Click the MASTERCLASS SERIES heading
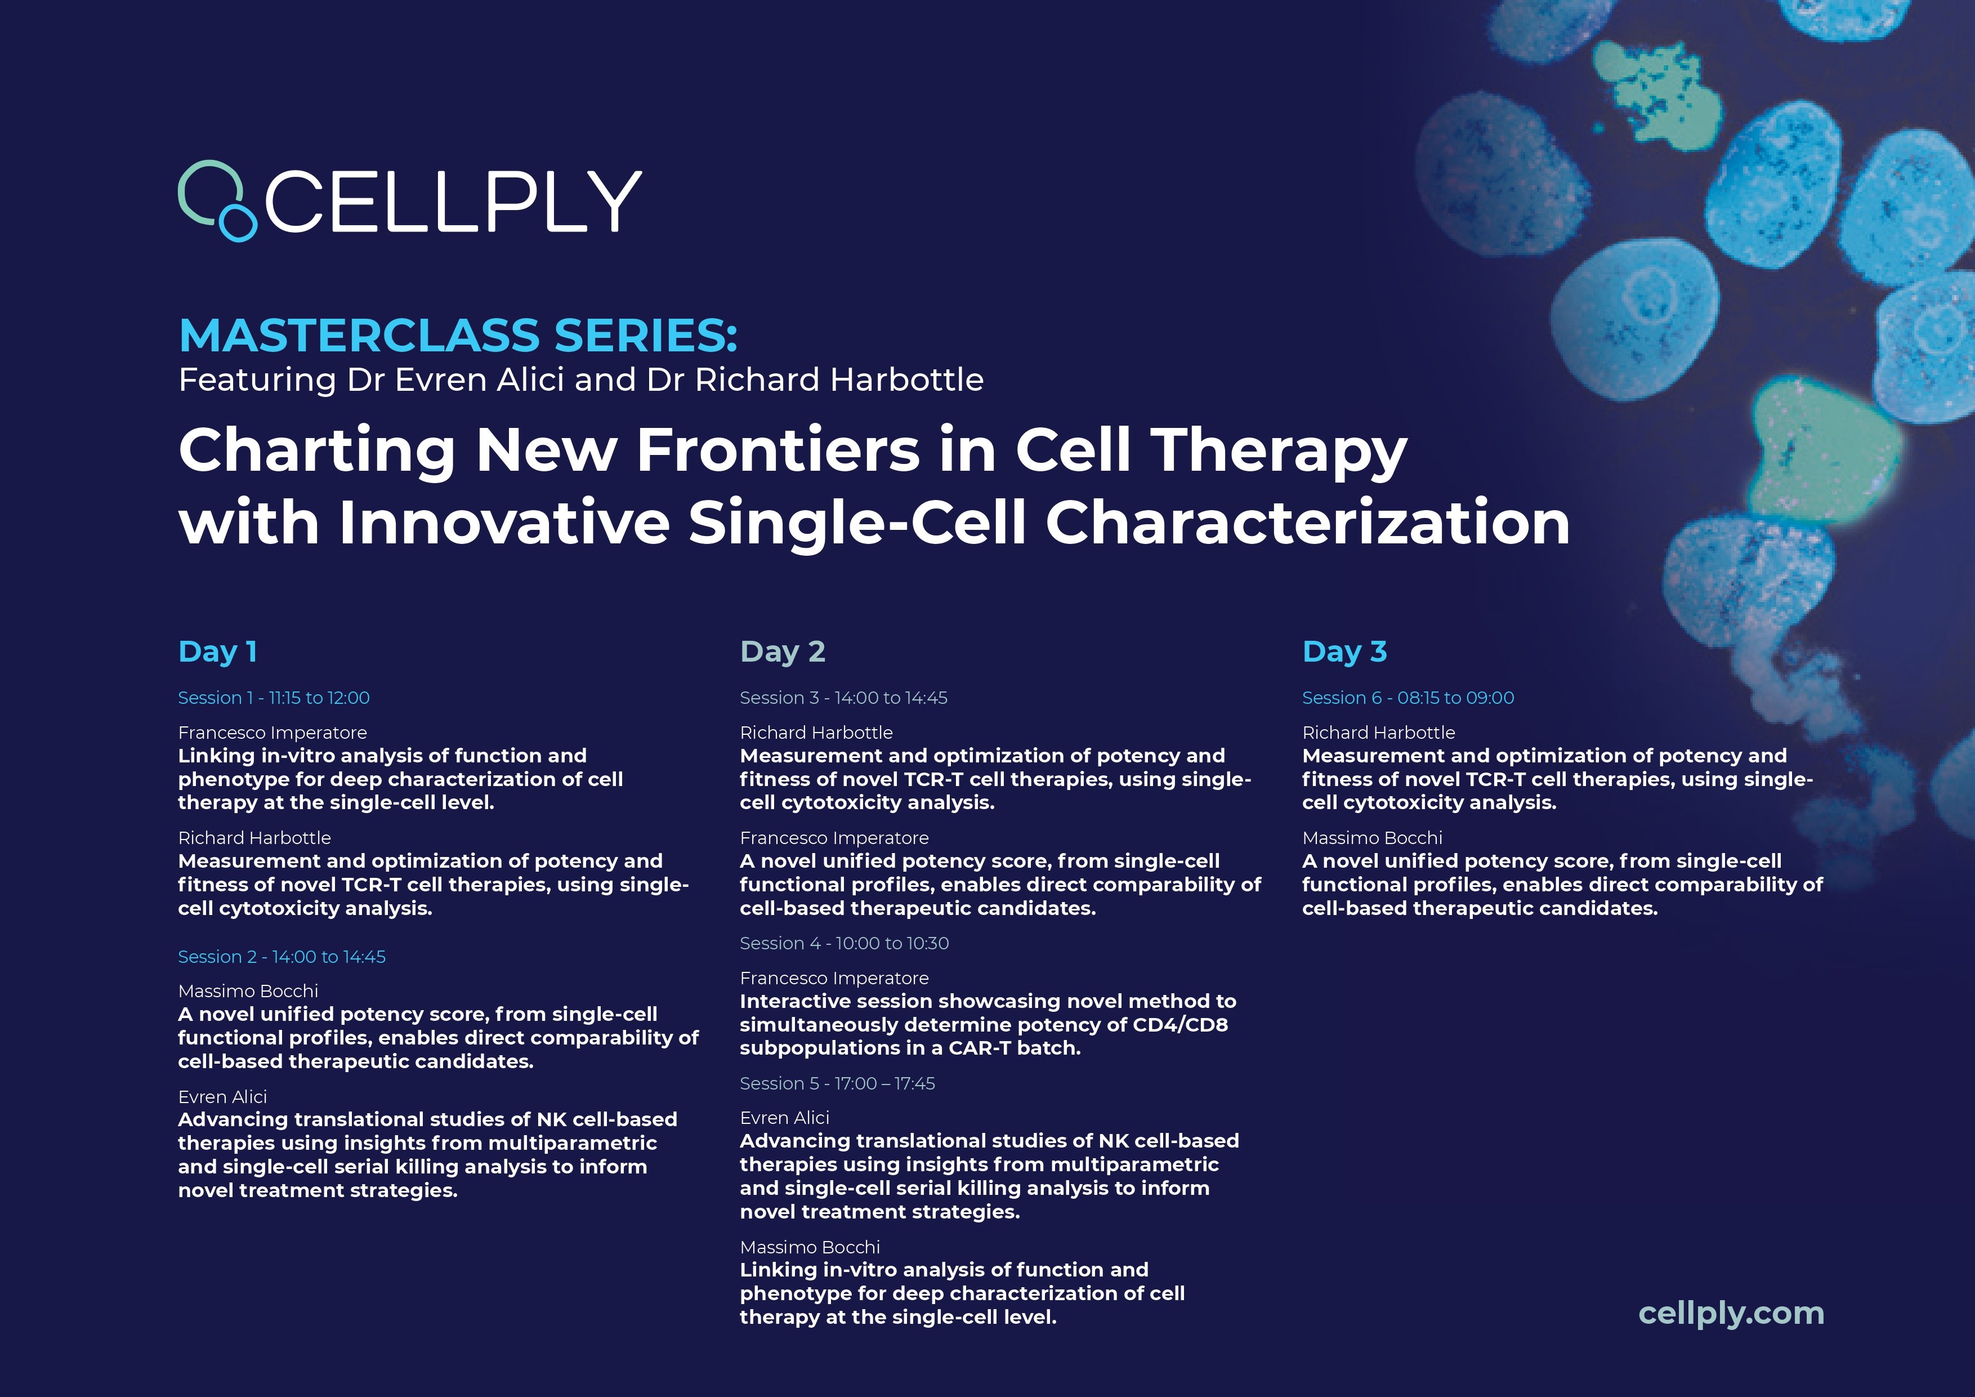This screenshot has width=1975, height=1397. coord(458,336)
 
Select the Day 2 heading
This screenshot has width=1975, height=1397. coord(783,652)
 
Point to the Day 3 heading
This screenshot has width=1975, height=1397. coord(1344,652)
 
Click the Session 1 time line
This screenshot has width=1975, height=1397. coord(274,698)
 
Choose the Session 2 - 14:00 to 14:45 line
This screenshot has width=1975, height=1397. coord(281,957)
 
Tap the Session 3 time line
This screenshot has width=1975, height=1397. coord(843,698)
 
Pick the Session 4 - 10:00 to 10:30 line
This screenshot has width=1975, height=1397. coord(844,944)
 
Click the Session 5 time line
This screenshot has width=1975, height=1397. coord(837,1084)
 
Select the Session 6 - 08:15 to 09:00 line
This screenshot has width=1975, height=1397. coord(1408,698)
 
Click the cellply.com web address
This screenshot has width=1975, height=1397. coord(1731,1314)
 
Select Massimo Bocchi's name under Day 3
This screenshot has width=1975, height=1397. coord(1372,838)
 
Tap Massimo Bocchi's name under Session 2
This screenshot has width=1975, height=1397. coord(248,992)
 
